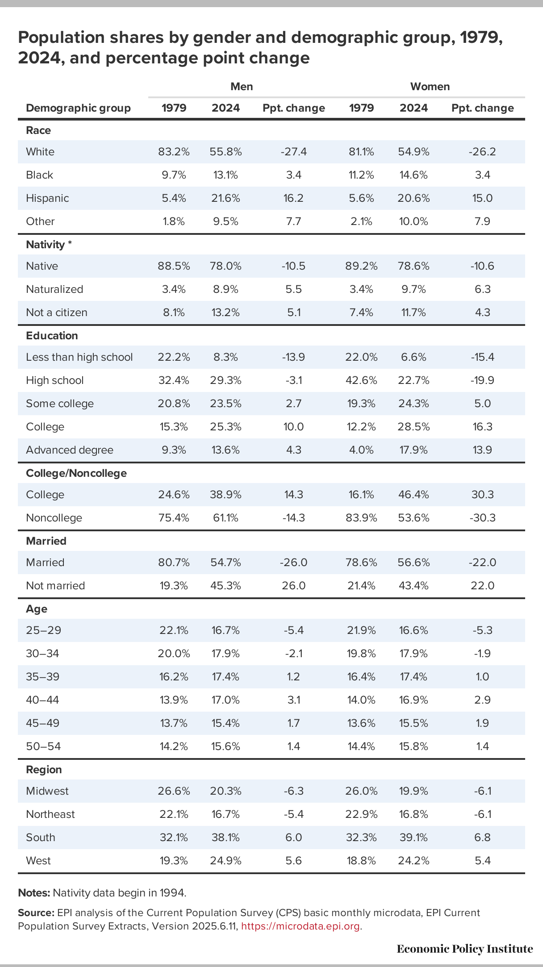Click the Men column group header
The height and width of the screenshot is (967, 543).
(x=242, y=87)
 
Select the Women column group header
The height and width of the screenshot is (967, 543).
(x=430, y=87)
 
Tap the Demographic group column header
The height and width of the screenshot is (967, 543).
(x=78, y=108)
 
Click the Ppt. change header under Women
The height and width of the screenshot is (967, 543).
(x=482, y=108)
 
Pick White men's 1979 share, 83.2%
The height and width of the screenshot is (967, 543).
(x=174, y=152)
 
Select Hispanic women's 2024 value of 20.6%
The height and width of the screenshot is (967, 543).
(x=414, y=198)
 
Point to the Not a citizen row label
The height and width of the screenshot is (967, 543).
(x=57, y=313)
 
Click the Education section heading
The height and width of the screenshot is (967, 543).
(x=52, y=336)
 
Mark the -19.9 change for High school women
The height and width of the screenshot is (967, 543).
(x=482, y=380)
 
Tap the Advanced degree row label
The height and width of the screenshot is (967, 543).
(x=70, y=450)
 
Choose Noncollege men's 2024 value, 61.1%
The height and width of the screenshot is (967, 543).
(x=226, y=518)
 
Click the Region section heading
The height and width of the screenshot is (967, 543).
(x=44, y=770)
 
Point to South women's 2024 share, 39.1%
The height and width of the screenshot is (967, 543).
(x=414, y=838)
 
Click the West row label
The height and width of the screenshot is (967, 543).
(x=38, y=861)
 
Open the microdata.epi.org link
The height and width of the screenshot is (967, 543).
(x=301, y=926)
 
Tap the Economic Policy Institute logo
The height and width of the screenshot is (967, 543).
(x=464, y=949)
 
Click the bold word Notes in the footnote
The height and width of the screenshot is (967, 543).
(x=33, y=893)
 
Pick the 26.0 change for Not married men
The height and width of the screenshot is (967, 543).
(x=293, y=586)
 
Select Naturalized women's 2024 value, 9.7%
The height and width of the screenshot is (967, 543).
(x=414, y=289)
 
